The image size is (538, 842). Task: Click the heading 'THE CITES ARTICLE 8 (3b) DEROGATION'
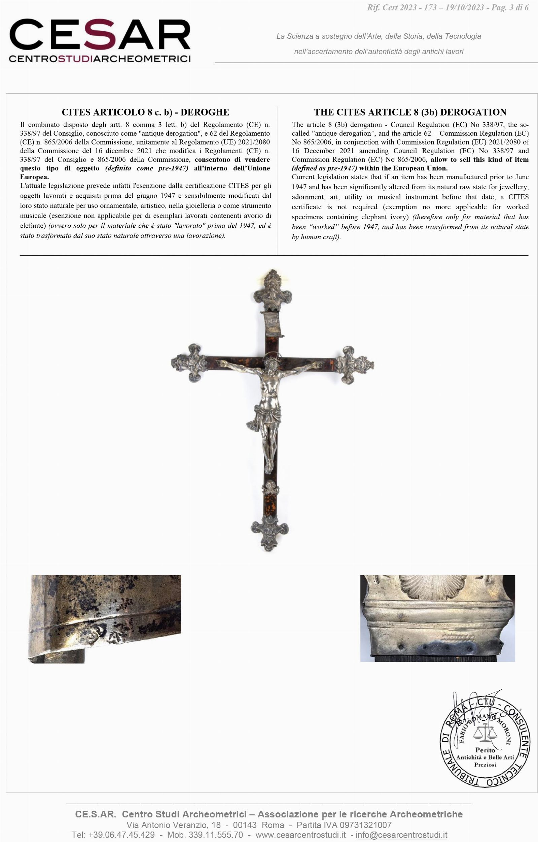410,112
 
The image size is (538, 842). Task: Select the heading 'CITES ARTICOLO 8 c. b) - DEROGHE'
145,112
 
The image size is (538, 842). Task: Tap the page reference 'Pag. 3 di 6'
510,8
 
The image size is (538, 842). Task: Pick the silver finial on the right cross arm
355,364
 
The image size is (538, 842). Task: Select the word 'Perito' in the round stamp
485,759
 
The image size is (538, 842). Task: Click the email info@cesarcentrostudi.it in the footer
401,835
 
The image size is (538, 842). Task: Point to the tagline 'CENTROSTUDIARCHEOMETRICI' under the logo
100,59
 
